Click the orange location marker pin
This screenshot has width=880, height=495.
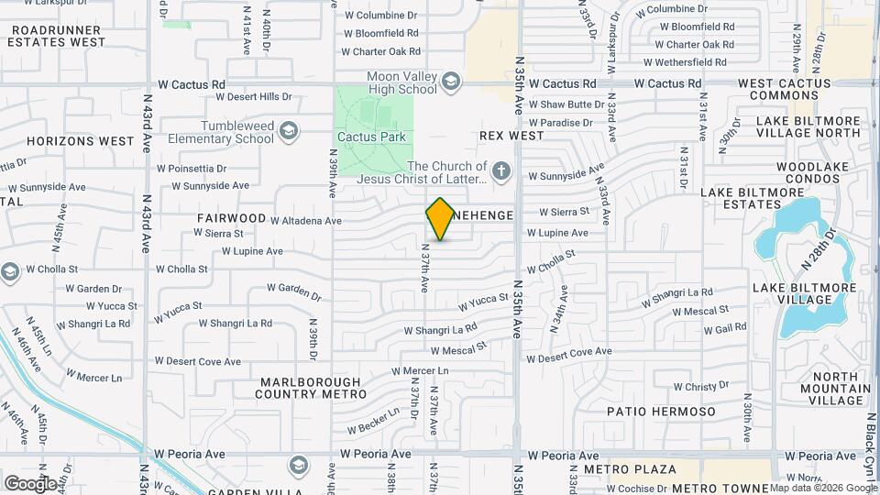pos(440,218)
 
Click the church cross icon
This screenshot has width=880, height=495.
pos(500,170)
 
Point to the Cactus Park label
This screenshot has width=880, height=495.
pos(371,137)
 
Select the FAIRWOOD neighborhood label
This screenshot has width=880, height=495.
pos(231,218)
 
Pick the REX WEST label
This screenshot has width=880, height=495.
pos(511,136)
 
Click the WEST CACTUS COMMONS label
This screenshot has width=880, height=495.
pos(785,90)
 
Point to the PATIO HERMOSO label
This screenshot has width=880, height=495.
pos(661,412)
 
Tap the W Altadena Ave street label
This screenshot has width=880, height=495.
pos(306,221)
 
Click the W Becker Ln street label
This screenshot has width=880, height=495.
pos(373,422)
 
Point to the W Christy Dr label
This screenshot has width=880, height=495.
pos(692,388)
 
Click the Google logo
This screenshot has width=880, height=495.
pos(29,483)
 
